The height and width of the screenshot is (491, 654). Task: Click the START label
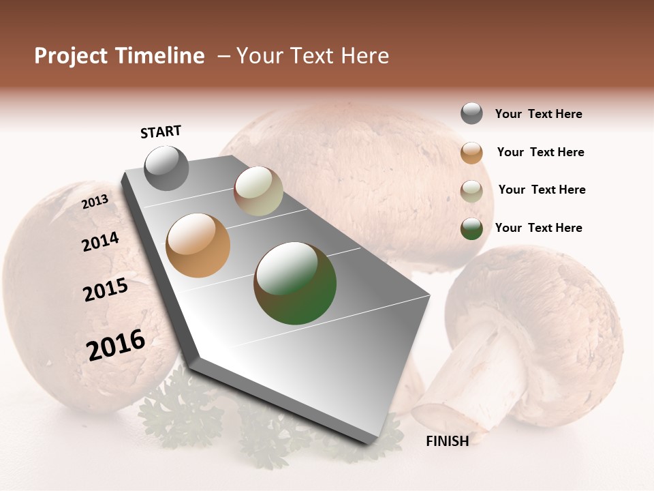(x=161, y=132)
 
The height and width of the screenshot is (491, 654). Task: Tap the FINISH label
(x=447, y=441)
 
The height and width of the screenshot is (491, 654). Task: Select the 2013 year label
(x=95, y=202)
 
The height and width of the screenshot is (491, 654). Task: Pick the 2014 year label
(x=100, y=241)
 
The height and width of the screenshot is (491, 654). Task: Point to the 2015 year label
(x=106, y=290)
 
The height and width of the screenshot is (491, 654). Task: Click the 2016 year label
(x=116, y=345)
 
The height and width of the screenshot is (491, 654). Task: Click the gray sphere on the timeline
(x=166, y=168)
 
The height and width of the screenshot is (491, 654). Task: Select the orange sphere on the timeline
(x=198, y=245)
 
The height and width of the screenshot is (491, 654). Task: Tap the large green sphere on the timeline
(x=295, y=283)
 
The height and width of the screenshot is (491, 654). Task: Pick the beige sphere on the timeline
(x=258, y=191)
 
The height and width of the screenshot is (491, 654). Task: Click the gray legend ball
(x=471, y=113)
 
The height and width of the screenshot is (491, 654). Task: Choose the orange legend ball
(x=471, y=153)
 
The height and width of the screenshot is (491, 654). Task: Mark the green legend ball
(x=471, y=228)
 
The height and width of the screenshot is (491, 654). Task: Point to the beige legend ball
(x=471, y=191)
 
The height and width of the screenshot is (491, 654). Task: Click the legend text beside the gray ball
(x=538, y=114)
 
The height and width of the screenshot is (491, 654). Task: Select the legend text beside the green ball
(x=538, y=228)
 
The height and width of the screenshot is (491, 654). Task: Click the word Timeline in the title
(x=159, y=56)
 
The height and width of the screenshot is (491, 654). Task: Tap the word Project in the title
(x=71, y=56)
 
